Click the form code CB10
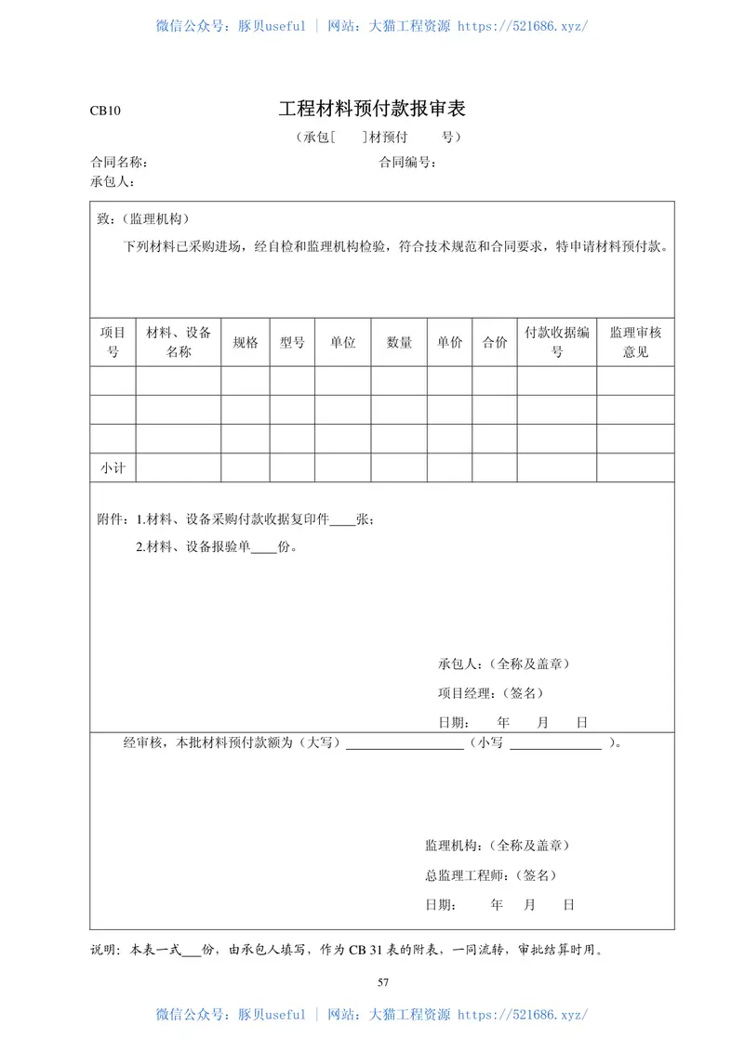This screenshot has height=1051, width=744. click(x=105, y=111)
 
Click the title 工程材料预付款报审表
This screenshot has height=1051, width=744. click(x=372, y=109)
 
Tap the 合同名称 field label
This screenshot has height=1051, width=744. click(x=118, y=163)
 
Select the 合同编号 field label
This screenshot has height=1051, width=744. click(x=407, y=163)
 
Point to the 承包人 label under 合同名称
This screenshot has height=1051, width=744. click(x=113, y=180)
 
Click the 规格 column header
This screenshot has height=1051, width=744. click(x=246, y=343)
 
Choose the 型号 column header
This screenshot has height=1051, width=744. click(x=292, y=343)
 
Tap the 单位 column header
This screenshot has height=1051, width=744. click(x=342, y=343)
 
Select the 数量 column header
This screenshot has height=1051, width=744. click(x=399, y=343)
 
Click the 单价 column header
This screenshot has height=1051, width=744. click(x=449, y=343)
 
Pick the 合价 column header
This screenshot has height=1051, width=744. click(x=495, y=343)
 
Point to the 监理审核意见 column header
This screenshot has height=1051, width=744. click(x=635, y=343)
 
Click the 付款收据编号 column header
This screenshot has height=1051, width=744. click(x=557, y=343)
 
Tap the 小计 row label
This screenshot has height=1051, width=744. click(x=113, y=468)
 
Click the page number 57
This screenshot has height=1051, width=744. click(x=383, y=982)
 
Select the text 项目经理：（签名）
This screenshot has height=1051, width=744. click(x=491, y=693)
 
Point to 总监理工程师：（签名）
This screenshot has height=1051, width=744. click(x=491, y=875)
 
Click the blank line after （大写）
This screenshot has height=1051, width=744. click(x=405, y=744)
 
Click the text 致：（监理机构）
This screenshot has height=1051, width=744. click(x=143, y=219)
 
